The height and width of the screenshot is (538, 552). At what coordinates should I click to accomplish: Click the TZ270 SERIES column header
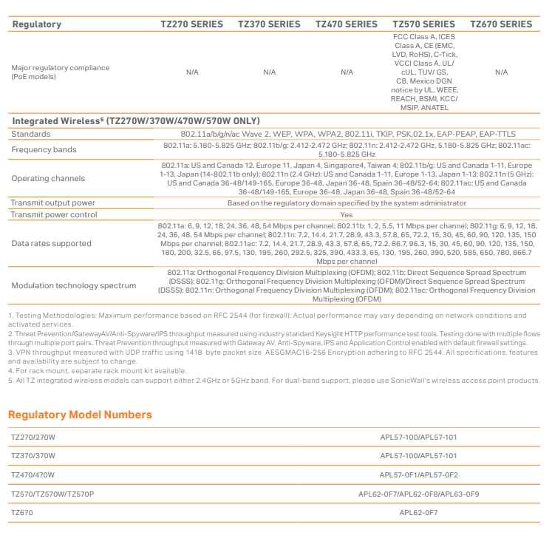(191, 24)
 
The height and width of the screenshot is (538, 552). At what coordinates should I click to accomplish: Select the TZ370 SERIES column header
(269, 24)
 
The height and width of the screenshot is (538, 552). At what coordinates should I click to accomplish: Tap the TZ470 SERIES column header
(347, 24)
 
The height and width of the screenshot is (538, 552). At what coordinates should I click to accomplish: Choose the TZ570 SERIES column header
(424, 24)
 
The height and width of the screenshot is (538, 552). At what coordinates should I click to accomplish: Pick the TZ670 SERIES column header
(501, 24)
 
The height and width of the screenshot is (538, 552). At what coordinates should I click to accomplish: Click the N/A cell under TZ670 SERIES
(501, 72)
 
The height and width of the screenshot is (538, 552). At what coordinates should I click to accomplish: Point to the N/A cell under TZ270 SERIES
(192, 72)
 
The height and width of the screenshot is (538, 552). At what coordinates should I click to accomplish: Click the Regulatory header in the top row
(38, 24)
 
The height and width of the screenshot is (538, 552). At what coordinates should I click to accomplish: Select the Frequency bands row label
(44, 150)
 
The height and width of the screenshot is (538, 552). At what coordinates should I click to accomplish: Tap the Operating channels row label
(48, 179)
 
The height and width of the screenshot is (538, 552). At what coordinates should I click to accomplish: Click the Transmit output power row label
(52, 203)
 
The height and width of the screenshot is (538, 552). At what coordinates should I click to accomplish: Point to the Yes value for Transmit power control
(346, 215)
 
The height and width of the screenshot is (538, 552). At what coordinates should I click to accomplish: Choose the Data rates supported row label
(52, 243)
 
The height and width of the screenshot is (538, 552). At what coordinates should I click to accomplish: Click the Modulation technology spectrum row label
(74, 285)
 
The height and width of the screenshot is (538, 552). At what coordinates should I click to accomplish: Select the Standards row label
(31, 134)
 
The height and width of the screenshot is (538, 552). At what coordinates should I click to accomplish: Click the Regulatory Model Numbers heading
(80, 415)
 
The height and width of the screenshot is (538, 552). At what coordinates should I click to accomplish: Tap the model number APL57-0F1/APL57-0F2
(418, 475)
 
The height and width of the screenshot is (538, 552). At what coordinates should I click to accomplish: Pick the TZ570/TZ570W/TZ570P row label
(52, 494)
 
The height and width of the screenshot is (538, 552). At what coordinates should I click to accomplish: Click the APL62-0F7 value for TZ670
(418, 512)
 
